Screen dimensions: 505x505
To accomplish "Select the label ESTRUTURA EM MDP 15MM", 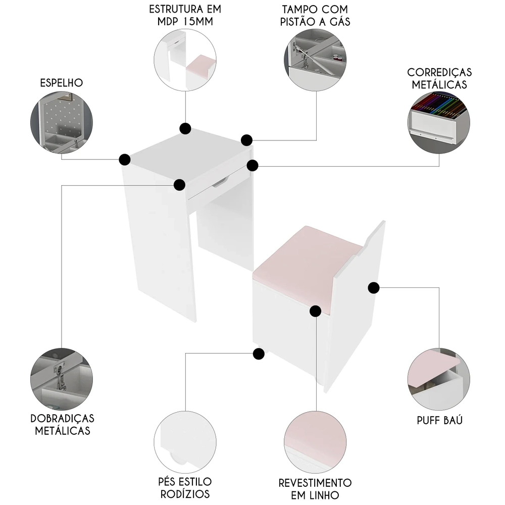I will pos(185,16).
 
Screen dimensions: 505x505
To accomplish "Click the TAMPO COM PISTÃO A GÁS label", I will pos(316,16).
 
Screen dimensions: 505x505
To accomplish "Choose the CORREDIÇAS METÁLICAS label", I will pos(438,78).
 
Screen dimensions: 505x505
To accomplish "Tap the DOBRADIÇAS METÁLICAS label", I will pos(62,425).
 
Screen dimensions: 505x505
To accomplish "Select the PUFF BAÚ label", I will pos(439,421).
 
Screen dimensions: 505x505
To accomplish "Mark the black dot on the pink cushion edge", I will pos(315,311).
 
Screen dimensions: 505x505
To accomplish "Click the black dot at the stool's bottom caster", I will pos(259,354).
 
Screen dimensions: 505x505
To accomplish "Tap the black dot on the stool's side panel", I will pos(373,288).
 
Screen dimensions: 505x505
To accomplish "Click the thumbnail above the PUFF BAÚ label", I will pos(438,379).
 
